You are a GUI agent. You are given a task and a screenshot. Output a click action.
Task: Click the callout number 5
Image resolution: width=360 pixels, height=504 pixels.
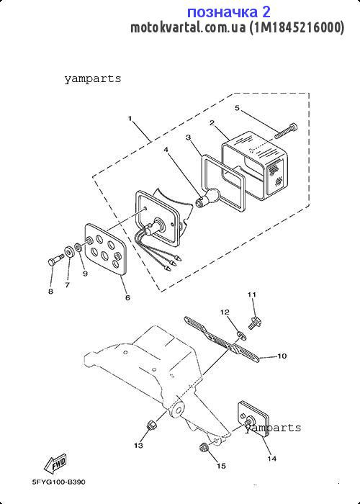(237, 108)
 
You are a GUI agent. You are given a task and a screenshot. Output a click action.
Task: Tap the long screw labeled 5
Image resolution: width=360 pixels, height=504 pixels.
(286, 131)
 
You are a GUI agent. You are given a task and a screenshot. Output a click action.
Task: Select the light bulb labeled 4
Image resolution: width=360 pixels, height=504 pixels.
(207, 197)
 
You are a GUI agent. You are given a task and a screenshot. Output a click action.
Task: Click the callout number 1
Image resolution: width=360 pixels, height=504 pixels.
(130, 119)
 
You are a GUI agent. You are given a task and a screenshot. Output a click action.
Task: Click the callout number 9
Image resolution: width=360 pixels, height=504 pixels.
(85, 273)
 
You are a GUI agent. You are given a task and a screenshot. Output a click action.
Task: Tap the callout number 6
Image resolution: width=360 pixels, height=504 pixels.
(127, 297)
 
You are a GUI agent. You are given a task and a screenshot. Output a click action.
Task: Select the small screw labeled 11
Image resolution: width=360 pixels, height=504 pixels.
(255, 323)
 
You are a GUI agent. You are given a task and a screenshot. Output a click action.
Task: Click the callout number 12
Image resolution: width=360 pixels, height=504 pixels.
(225, 312)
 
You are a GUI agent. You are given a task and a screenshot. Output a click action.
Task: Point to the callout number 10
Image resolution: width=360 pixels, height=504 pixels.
(282, 356)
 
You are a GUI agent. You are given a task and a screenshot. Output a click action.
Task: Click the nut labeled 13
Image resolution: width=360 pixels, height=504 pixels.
(150, 426)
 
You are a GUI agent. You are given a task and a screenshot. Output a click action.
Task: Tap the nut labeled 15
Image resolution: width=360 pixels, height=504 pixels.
(203, 447)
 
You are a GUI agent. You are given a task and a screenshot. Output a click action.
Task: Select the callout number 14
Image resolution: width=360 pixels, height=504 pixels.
(272, 459)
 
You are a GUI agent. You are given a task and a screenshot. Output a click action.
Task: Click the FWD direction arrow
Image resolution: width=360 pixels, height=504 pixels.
(55, 464)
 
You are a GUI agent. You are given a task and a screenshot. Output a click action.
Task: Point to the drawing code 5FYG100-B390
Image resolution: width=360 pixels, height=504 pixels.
(59, 482)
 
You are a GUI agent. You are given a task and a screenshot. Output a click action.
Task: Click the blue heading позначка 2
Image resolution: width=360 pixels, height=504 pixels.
(228, 12)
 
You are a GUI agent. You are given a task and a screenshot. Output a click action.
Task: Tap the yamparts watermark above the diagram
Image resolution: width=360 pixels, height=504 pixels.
(93, 78)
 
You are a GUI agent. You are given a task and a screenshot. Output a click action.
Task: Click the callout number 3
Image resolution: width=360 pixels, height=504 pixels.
(188, 138)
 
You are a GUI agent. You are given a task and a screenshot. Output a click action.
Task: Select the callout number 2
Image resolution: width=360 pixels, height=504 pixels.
(212, 122)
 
